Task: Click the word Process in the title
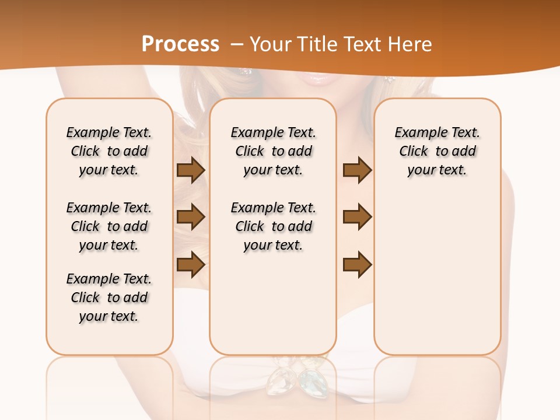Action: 180,44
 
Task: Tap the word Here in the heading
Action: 411,44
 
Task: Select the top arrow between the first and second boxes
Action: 191,170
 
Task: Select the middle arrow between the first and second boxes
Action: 191,217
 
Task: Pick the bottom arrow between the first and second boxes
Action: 191,264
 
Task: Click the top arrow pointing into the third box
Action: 357,170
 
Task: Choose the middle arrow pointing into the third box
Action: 357,217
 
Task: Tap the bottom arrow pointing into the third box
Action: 357,264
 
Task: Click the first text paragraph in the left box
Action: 109,151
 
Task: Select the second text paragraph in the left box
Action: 109,226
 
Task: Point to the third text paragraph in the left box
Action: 109,297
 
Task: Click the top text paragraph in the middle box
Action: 273,151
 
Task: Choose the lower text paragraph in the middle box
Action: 273,226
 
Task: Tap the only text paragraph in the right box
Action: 437,151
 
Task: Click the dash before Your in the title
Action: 237,44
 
